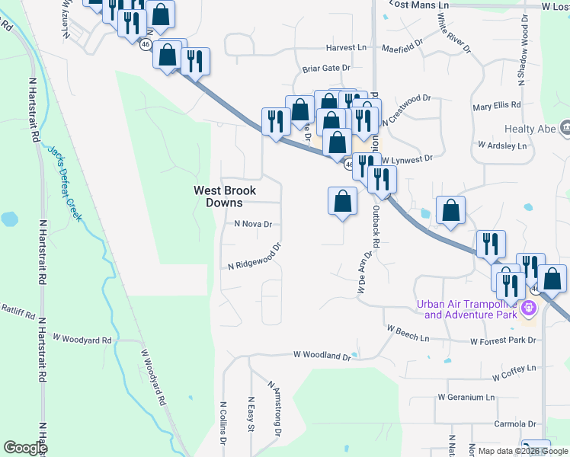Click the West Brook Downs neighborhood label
click(x=224, y=197)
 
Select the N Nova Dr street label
click(x=253, y=225)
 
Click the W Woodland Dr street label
click(x=322, y=355)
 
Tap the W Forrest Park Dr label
click(x=503, y=340)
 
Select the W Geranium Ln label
click(x=466, y=397)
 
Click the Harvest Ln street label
click(x=346, y=47)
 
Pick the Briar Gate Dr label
click(x=325, y=68)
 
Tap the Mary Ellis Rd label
click(x=497, y=105)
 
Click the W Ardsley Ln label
click(x=502, y=145)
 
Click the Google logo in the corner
click(x=26, y=448)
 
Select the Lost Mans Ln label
click(x=419, y=5)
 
